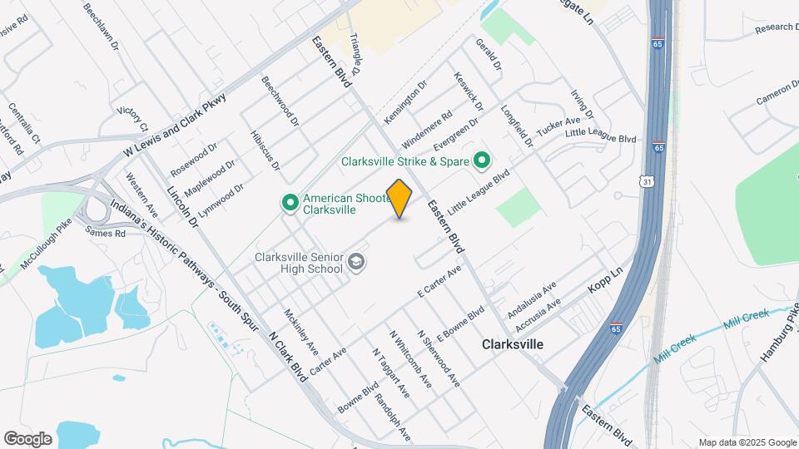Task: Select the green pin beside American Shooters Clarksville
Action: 290,202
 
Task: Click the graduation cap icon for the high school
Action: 357,261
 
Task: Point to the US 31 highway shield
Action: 648,181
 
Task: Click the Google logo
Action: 27,438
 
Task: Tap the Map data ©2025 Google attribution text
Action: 747,442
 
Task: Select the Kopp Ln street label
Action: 605,279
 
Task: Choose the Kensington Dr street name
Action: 404,103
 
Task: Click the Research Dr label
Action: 777,27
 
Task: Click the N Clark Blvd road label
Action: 288,358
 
